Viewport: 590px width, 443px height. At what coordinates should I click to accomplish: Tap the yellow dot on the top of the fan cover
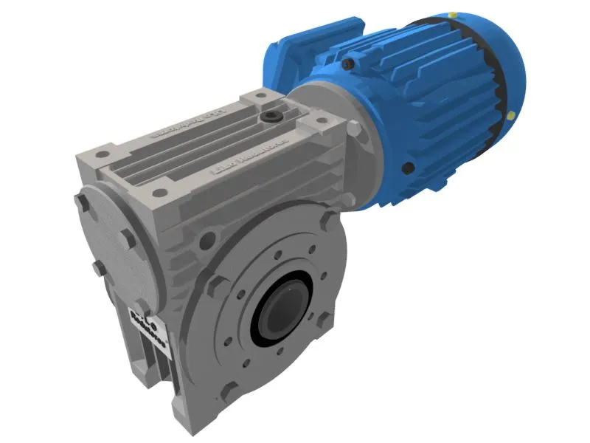451,13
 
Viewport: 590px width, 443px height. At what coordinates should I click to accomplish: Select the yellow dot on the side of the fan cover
510,114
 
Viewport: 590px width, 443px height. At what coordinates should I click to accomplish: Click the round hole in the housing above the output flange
209,238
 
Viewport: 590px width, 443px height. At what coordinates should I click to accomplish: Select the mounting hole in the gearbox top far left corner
103,155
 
